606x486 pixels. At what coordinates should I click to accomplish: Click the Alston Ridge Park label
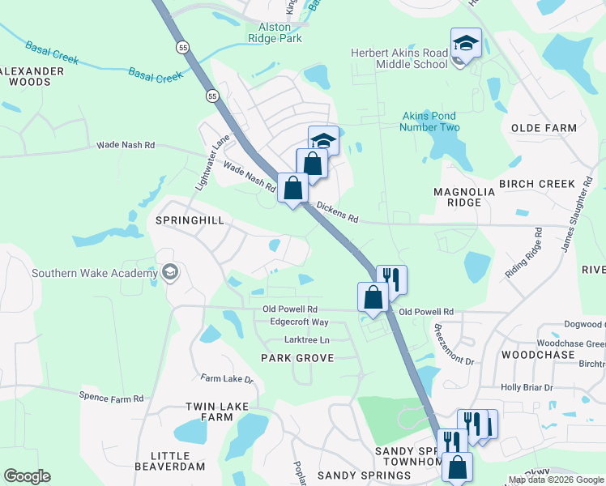(x=274, y=32)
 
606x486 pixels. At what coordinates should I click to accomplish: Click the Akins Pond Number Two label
(x=430, y=122)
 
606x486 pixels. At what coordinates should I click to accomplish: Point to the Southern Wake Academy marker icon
(x=169, y=271)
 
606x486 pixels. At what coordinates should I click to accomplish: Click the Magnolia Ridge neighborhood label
(x=464, y=197)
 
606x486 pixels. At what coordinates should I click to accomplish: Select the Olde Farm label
(x=544, y=128)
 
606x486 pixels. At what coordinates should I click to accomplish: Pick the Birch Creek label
(x=536, y=184)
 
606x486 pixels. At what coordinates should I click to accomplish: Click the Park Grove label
(x=297, y=358)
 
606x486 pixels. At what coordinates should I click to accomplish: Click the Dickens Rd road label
(x=337, y=212)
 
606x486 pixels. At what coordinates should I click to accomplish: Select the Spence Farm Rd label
(x=111, y=398)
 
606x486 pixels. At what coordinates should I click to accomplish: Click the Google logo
(x=27, y=476)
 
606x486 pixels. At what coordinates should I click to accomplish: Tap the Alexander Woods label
(x=31, y=76)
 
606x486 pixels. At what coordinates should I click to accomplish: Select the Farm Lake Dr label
(x=227, y=378)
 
